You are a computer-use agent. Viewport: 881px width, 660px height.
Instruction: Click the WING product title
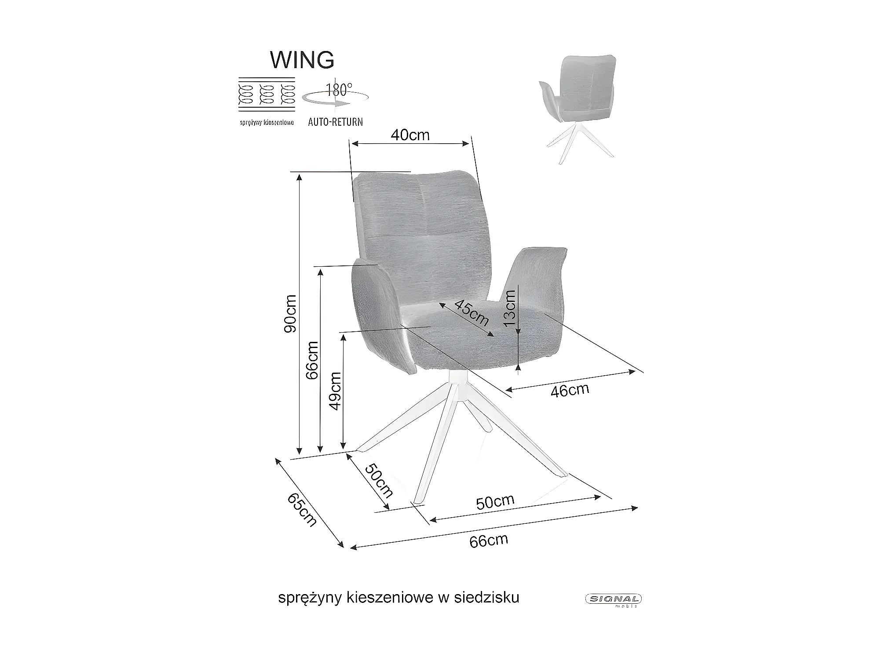(x=302, y=60)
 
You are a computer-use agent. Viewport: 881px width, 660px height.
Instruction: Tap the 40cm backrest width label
(x=410, y=135)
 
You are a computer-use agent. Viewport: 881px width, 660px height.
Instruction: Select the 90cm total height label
(x=290, y=313)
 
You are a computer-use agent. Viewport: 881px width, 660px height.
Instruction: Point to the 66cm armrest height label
(x=312, y=360)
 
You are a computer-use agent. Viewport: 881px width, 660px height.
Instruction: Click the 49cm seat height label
(x=336, y=391)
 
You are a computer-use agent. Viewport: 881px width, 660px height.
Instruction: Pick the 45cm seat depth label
(x=471, y=312)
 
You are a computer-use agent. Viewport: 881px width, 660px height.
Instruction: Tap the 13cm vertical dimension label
(x=509, y=308)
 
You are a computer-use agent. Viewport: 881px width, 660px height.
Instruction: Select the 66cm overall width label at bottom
(x=488, y=540)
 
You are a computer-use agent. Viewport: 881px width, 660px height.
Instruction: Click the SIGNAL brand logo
(x=613, y=598)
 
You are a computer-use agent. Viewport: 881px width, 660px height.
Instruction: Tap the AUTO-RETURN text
(x=335, y=122)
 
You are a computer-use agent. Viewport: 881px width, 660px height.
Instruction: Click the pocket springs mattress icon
(x=266, y=96)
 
